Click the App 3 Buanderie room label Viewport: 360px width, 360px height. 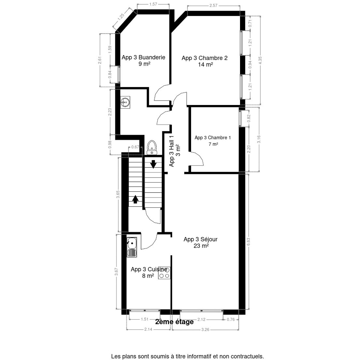coord(143,60)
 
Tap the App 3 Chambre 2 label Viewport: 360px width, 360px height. coord(205,61)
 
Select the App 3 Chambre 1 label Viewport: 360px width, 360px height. coord(213,141)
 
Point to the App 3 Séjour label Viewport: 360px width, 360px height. coord(200,242)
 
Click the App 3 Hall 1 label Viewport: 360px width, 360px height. coord(175,151)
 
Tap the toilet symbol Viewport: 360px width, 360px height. coord(152,148)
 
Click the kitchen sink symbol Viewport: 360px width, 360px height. coord(132,247)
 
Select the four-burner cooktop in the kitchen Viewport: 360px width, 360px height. coord(164,273)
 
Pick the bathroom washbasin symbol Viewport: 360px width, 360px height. coord(125,102)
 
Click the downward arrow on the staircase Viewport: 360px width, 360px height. coord(153,164)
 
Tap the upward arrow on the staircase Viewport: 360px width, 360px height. coord(135,199)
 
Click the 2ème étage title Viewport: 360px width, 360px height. coord(175,322)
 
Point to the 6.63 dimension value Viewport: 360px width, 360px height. coord(248,242)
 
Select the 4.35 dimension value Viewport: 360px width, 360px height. coord(260,61)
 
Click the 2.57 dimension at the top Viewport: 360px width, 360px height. coord(213,5)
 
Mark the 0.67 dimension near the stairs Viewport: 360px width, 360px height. coord(135,147)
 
